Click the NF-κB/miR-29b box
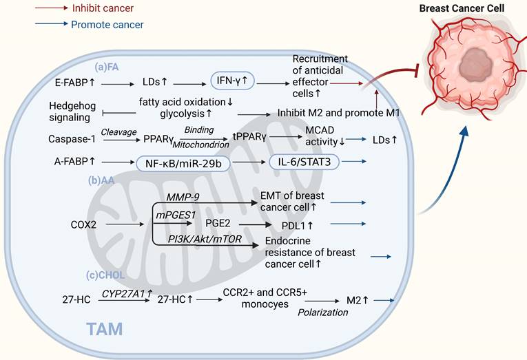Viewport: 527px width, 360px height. coord(175,163)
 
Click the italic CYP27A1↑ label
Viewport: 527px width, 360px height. coord(126,293)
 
